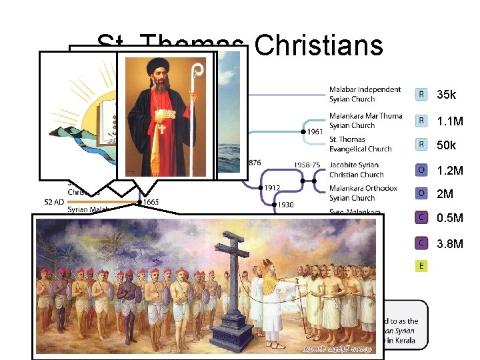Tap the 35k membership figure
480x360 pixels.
[x=447, y=95]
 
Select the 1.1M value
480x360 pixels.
[x=450, y=121]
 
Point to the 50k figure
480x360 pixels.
[x=447, y=145]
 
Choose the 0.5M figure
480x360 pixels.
[x=450, y=218]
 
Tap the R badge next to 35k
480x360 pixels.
[x=421, y=95]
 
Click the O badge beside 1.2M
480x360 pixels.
[x=421, y=170]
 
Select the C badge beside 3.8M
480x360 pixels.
[x=421, y=243]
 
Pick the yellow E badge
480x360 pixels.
[x=421, y=266]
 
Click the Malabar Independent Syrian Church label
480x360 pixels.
[x=365, y=94]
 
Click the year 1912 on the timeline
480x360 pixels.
[x=271, y=187]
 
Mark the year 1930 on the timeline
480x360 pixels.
[x=286, y=205]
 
